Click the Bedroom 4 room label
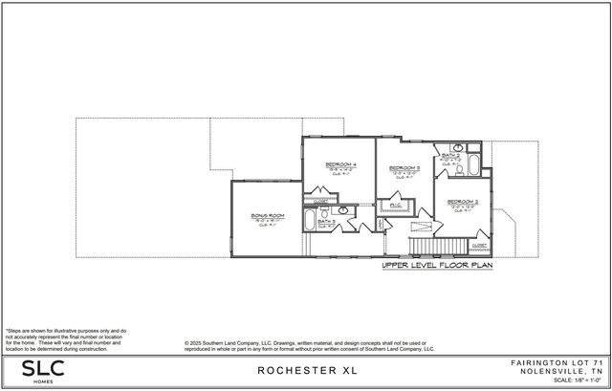point(340,164)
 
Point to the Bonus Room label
point(268,215)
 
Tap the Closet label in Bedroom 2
point(477,246)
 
